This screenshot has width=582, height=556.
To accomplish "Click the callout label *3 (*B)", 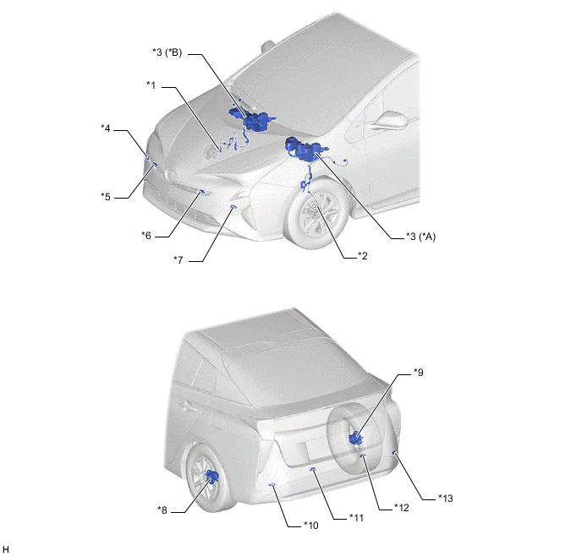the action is click(x=167, y=52).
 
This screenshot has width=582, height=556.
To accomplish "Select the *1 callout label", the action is click(x=151, y=85).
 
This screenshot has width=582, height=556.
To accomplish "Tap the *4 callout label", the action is click(x=106, y=128).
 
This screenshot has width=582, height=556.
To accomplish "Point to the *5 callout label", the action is click(x=106, y=196).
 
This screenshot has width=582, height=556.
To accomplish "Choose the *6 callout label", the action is click(x=146, y=236).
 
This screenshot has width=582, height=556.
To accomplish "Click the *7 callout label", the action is click(x=178, y=260).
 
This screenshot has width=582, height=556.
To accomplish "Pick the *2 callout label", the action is click(x=363, y=256).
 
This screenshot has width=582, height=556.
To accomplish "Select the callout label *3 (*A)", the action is click(x=420, y=236).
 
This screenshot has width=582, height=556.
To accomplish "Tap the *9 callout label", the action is click(x=419, y=372).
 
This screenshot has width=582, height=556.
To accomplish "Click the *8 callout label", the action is click(x=162, y=510).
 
